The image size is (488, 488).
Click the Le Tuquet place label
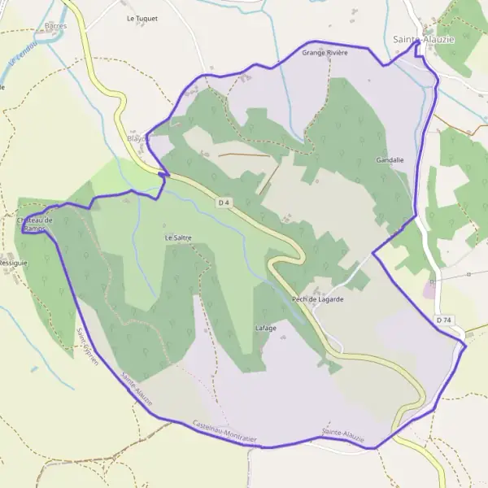tap(142, 17)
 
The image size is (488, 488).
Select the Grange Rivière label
tap(325, 52)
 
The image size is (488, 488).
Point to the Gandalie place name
tap(390, 160)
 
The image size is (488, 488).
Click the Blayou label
tap(139, 139)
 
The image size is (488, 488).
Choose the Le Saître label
tap(178, 237)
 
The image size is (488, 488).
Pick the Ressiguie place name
tap(13, 264)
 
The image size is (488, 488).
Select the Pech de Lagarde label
tap(317, 299)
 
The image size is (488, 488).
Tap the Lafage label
tap(266, 328)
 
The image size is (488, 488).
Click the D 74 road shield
tap(443, 320)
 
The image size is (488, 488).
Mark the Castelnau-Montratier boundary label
tap(225, 432)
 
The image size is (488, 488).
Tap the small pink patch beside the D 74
tap(429, 290)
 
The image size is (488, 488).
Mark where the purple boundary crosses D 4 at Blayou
tap(163, 174)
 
